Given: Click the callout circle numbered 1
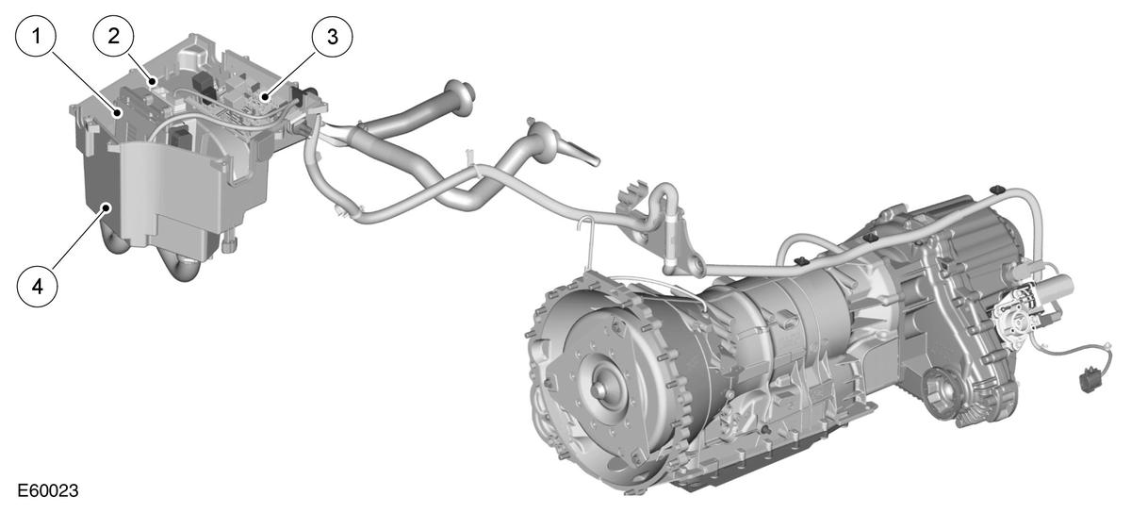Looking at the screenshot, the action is pos(36,37).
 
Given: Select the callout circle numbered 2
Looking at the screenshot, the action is pos(114,36).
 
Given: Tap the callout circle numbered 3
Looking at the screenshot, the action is pos(332,37).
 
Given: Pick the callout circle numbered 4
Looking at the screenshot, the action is pos(38,287).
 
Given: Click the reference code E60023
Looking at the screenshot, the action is pos(48,490).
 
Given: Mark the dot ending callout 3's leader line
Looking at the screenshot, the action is pos(264,95).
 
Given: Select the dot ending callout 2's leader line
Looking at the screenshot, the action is pos(153,81).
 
